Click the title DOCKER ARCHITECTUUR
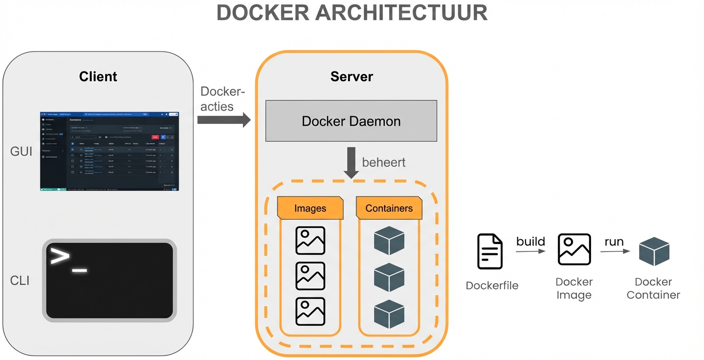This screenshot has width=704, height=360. [x=352, y=13]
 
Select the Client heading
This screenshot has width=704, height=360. [x=98, y=77]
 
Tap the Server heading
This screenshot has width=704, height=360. [x=352, y=77]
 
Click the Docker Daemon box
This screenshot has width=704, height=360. [x=351, y=121]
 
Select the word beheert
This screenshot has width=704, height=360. [x=384, y=162]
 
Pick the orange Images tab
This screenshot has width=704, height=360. [x=310, y=208]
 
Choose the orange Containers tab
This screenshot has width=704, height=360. [x=389, y=208]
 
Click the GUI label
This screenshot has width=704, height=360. [x=21, y=152]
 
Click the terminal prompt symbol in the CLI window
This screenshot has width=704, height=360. [x=61, y=257]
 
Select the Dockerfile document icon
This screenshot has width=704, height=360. [x=490, y=251]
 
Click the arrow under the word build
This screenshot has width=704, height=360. [x=530, y=251]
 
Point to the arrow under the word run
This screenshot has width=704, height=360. [x=615, y=251]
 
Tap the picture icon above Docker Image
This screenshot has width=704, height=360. [x=574, y=249]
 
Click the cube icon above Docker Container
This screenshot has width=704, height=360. [x=654, y=251]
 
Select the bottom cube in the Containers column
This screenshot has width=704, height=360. [x=389, y=314]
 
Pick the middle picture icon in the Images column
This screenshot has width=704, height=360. [x=310, y=276]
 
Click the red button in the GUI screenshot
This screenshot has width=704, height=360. [x=155, y=137]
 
